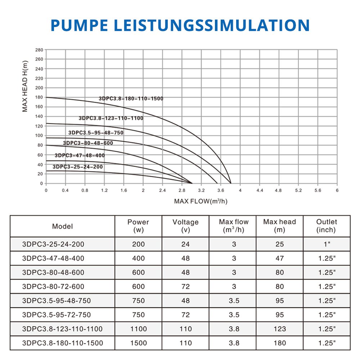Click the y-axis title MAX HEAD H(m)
pyautogui.click(x=25, y=86)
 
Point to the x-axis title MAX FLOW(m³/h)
pyautogui.click(x=201, y=201)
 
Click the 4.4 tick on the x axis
pyautogui.click(x=259, y=190)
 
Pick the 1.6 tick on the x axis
pyautogui.click(x=123, y=190)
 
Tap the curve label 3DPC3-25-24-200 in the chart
pyautogui.click(x=77, y=167)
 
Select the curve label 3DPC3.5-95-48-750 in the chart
pyautogui.click(x=96, y=132)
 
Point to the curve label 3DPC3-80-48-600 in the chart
pyautogui.click(x=88, y=143)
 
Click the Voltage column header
pyautogui.click(x=185, y=226)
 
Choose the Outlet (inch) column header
pyautogui.click(x=326, y=226)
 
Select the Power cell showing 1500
pyautogui.click(x=138, y=343)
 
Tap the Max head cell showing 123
pyautogui.click(x=280, y=329)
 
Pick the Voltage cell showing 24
pyautogui.click(x=185, y=244)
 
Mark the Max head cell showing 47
pyautogui.click(x=280, y=258)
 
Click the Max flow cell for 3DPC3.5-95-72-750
pyautogui.click(x=234, y=315)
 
